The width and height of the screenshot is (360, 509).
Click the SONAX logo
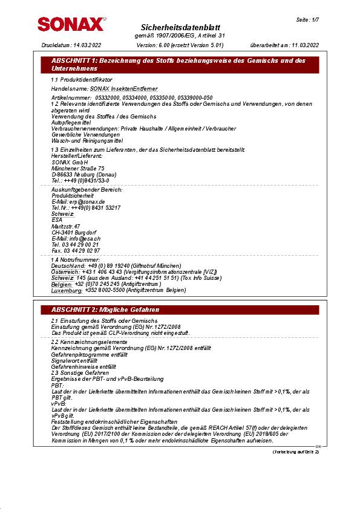70,24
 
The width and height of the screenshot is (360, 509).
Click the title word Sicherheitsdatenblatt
180,28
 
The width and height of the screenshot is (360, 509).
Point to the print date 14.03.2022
87,45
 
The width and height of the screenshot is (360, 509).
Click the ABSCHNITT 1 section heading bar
179,65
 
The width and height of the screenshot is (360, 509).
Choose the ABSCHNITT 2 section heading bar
179,310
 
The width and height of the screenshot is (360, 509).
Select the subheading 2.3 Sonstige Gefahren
80,372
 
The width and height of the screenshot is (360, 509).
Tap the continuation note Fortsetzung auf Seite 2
296,452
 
